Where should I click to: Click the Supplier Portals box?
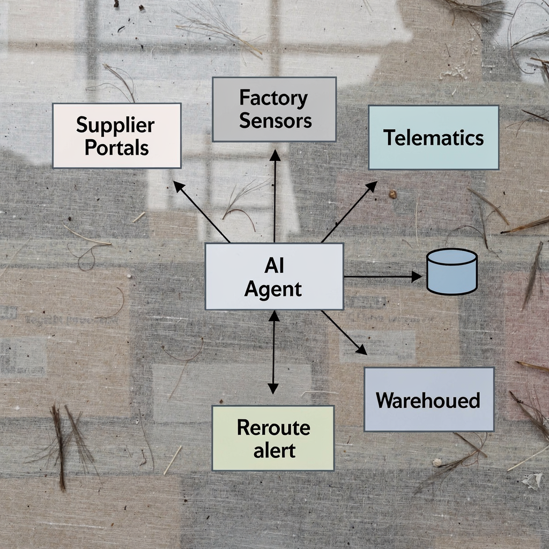click(116, 136)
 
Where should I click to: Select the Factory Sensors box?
click(274, 109)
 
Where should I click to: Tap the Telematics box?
click(433, 137)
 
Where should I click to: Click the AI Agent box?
click(274, 276)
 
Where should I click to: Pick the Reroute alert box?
click(273, 437)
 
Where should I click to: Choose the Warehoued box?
click(428, 399)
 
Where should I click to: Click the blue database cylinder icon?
click(451, 271)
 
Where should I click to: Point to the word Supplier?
click(115, 125)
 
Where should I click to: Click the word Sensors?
click(275, 120)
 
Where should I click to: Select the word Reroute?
click(273, 428)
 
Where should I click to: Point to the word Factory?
click(274, 99)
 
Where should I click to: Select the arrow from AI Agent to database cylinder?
click(382, 277)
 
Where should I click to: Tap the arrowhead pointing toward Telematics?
click(372, 186)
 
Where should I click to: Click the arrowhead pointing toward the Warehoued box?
click(361, 350)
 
